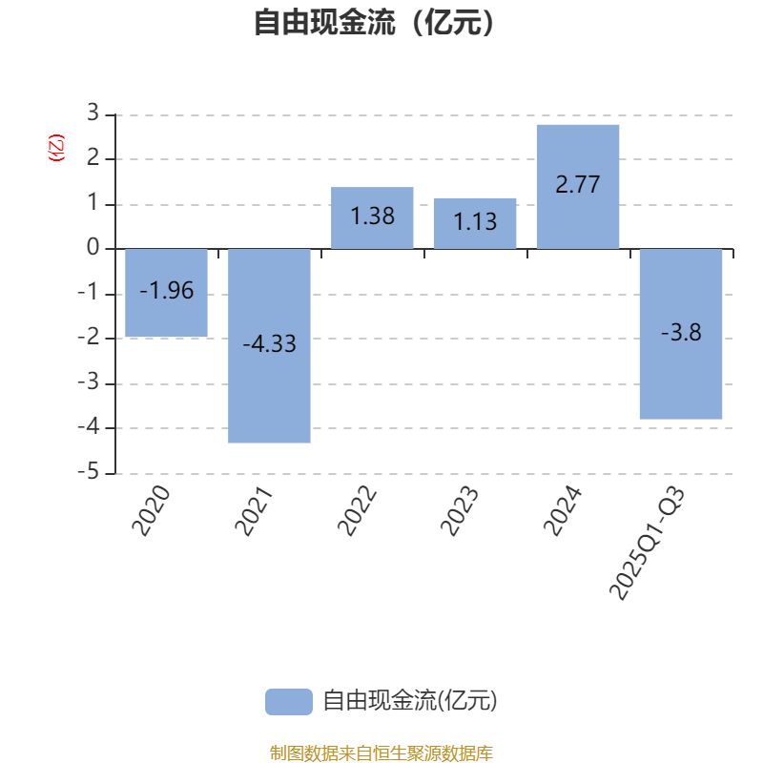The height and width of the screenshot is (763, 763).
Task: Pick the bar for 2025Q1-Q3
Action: tap(681, 381)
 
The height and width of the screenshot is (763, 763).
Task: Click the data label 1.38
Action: tap(372, 217)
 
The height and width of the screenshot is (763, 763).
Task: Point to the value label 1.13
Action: tap(475, 222)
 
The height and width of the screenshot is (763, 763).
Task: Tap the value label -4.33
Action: tap(270, 344)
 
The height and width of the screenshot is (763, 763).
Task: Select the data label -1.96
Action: tap(167, 291)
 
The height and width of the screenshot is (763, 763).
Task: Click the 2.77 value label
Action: tap(578, 185)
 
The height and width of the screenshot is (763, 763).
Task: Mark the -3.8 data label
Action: tap(681, 333)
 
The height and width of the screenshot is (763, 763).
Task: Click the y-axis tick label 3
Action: tap(93, 113)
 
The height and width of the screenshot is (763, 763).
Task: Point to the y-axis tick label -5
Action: tap(88, 473)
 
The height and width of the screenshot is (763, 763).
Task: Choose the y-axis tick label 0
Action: tap(93, 249)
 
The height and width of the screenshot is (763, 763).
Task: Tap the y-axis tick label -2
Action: tap(88, 339)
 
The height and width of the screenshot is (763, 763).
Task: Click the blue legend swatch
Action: tap(288, 701)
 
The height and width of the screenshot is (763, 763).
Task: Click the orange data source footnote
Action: tap(381, 753)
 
